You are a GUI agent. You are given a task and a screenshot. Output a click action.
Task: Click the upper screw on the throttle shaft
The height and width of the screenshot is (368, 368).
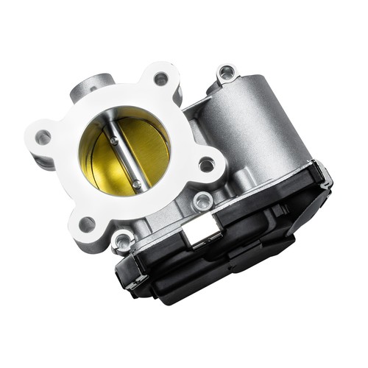tap(114, 141)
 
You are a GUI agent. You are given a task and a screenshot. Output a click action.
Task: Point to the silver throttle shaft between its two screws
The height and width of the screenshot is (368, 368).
tap(125, 161)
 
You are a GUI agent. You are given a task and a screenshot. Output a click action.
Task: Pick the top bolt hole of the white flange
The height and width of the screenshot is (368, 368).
tap(160, 79)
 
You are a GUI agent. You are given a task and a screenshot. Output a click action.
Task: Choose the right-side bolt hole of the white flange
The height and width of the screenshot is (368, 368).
tap(207, 164)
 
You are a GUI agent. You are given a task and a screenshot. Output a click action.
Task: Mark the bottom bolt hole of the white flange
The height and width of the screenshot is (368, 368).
tap(87, 224)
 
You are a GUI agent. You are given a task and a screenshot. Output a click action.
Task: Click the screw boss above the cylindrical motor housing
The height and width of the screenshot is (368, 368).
tap(226, 72)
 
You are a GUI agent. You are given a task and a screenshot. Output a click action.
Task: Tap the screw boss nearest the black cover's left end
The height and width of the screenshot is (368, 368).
tap(123, 239)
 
